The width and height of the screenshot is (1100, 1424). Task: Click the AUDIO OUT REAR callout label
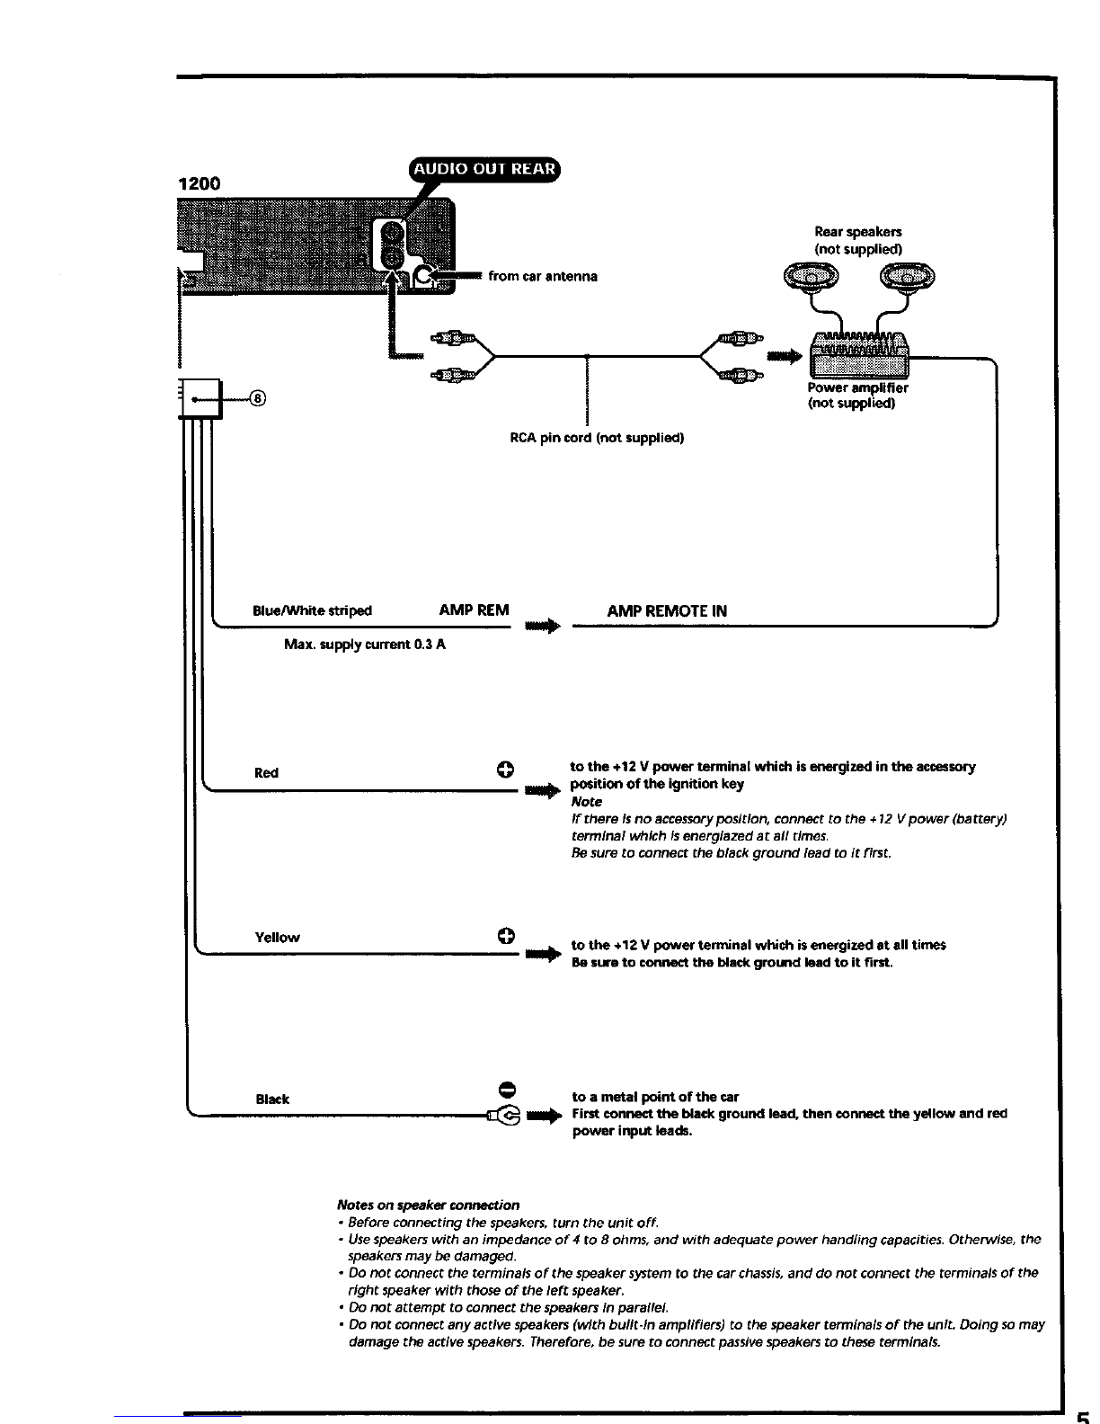click(484, 169)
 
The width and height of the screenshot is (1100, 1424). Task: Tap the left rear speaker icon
click(811, 276)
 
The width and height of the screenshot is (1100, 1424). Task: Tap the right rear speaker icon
click(907, 276)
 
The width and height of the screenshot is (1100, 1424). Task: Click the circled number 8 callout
click(258, 398)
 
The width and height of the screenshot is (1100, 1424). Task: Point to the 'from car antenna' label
click(543, 277)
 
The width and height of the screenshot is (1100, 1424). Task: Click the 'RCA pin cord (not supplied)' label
click(597, 438)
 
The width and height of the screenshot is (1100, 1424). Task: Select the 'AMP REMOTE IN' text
click(667, 610)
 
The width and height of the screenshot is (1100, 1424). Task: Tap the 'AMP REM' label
click(474, 610)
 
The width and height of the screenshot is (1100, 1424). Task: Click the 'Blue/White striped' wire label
click(312, 610)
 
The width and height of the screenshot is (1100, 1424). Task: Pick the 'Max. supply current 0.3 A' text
click(364, 645)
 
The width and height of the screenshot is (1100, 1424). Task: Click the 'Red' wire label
click(266, 772)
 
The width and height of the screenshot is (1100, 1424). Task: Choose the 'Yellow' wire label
click(277, 937)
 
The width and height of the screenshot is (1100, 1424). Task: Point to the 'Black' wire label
click(272, 1099)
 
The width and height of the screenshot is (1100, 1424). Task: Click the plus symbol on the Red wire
click(505, 770)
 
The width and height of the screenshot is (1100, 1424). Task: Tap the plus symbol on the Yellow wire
click(506, 935)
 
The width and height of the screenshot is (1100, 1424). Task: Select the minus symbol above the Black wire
click(507, 1090)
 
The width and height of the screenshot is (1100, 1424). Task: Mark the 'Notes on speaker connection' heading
click(428, 1206)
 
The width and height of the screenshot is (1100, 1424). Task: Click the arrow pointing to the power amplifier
click(785, 357)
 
